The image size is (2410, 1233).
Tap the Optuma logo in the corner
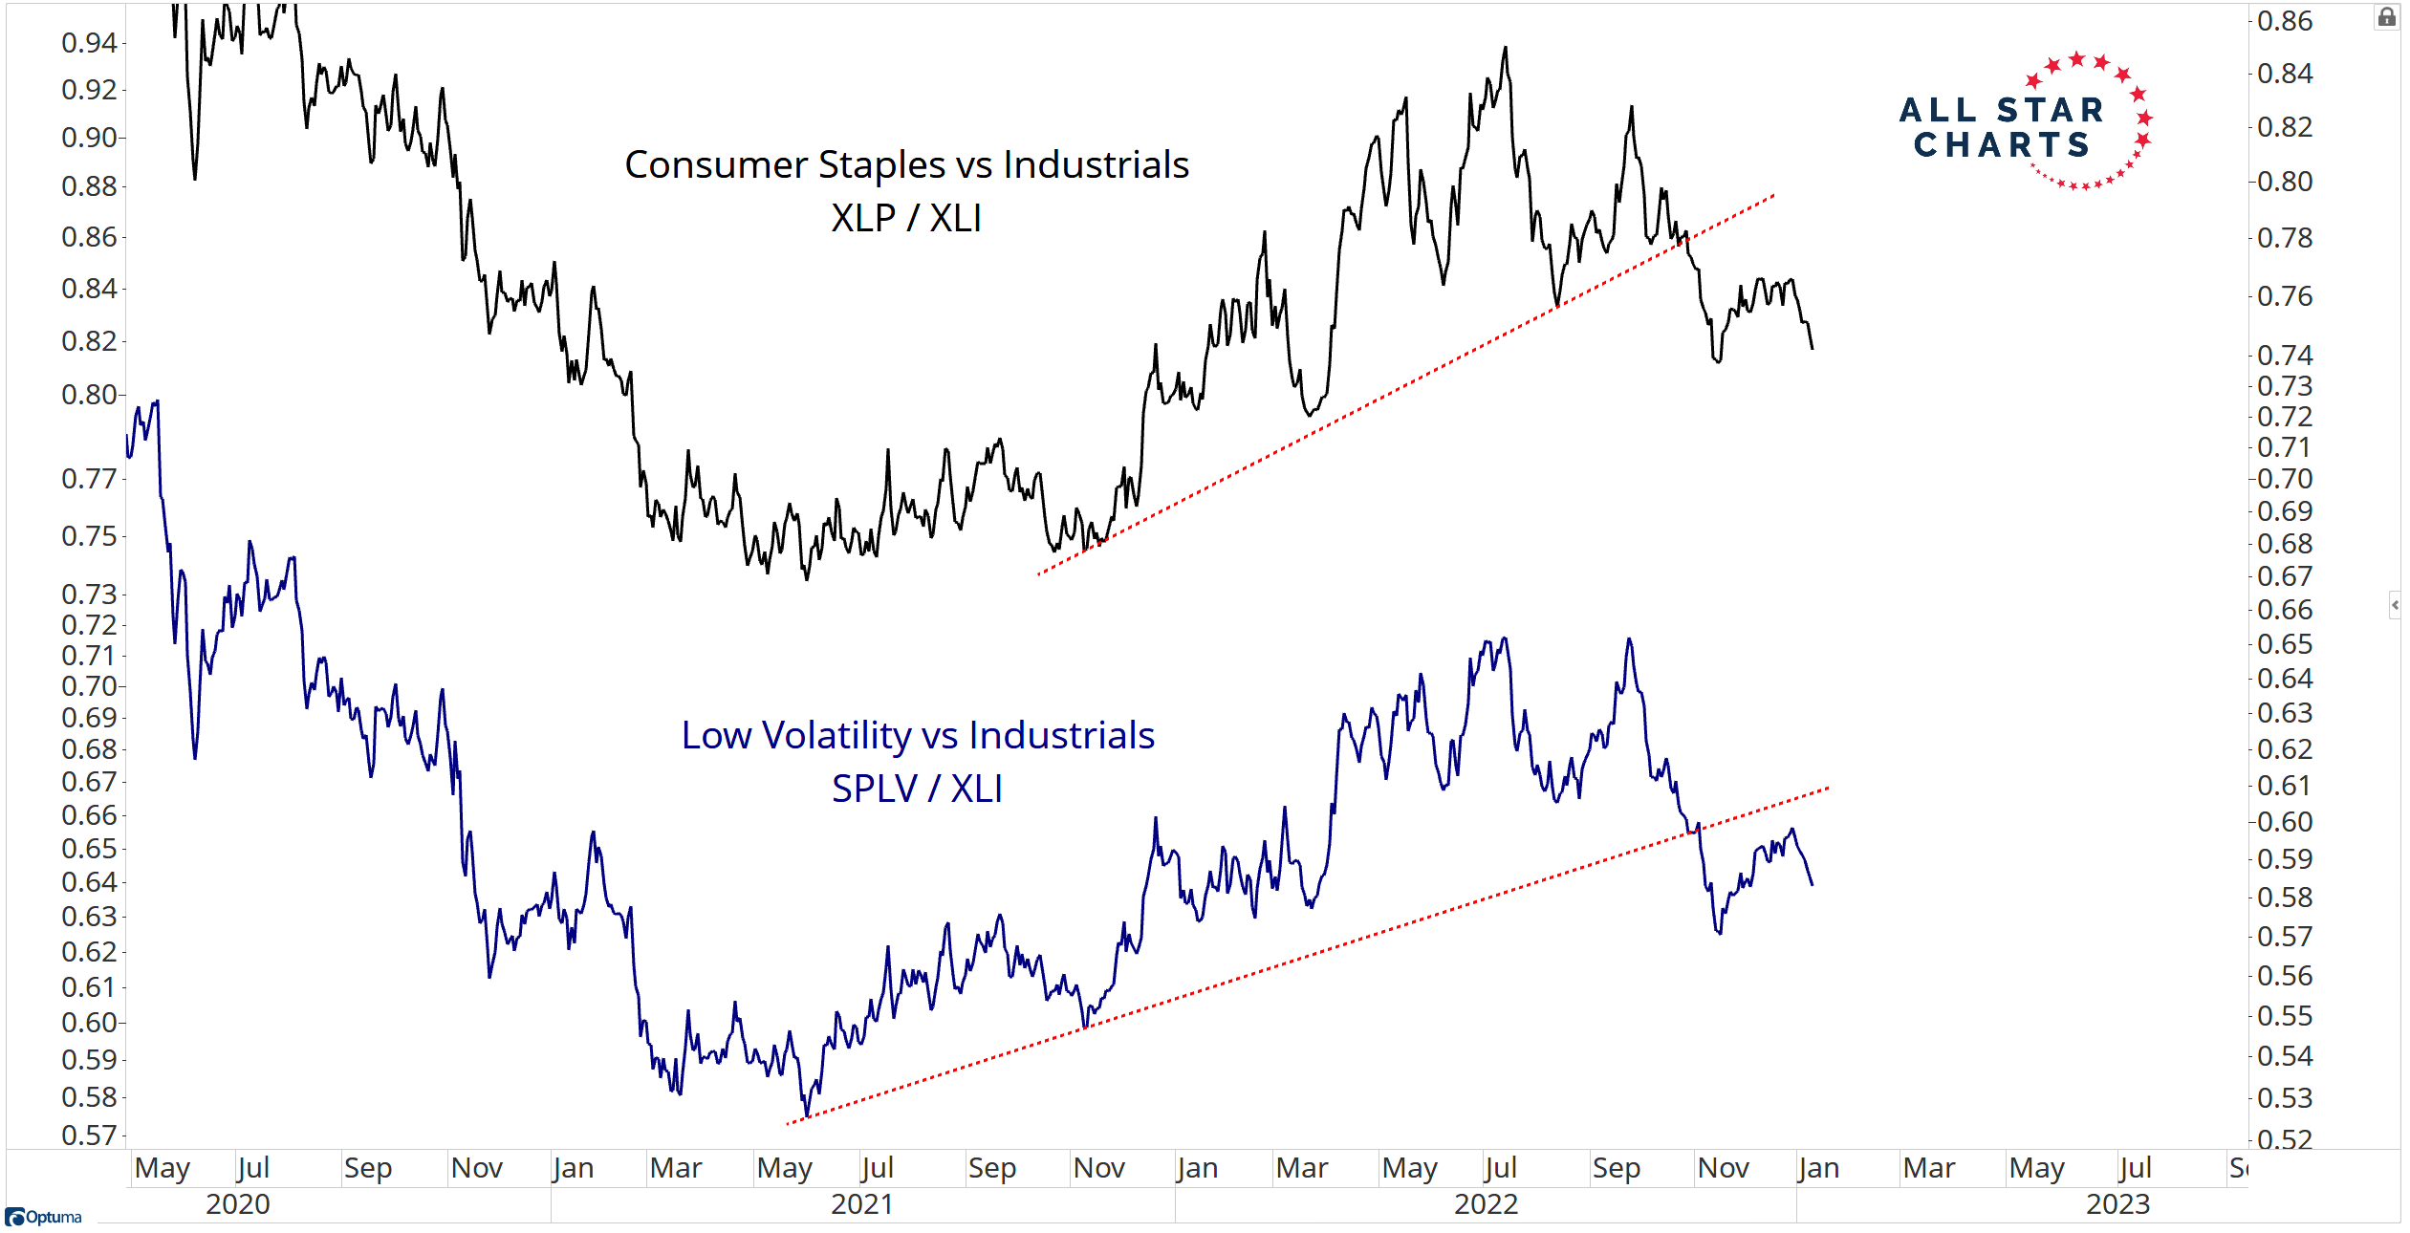coord(44,1217)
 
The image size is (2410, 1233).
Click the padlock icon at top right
coord(2387,17)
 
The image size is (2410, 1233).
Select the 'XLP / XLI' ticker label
coord(906,218)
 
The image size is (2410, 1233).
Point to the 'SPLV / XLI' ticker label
coord(917,789)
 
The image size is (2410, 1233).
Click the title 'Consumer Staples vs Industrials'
coord(906,164)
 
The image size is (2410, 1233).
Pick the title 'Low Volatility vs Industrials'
coord(918,735)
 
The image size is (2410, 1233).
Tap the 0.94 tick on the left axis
coord(89,42)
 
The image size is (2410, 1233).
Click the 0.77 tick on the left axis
coord(89,478)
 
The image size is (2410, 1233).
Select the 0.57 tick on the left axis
coord(89,1136)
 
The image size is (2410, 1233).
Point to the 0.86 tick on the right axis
coord(2285,21)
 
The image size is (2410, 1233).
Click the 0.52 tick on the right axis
coord(2285,1138)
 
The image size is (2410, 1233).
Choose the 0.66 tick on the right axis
coord(2285,610)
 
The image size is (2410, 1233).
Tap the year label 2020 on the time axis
coord(238,1204)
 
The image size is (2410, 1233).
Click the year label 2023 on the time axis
coord(2117,1204)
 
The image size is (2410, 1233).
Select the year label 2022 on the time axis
coord(1486,1204)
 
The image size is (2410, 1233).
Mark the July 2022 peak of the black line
coord(1506,47)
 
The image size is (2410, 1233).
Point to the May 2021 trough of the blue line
coord(806,1115)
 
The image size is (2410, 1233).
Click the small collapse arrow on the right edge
coord(2395,605)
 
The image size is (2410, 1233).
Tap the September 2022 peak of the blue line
coord(1629,638)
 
